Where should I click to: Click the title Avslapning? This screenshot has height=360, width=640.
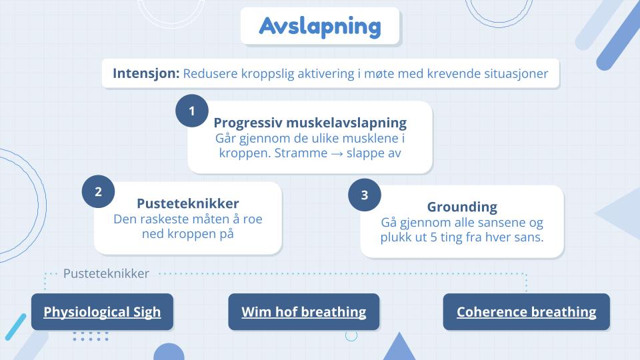click(320, 27)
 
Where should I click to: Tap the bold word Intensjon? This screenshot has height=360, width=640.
click(146, 73)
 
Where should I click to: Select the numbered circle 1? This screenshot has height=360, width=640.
click(192, 111)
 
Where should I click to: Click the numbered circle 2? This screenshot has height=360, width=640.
click(98, 191)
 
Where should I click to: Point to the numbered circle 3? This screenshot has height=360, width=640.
click(365, 195)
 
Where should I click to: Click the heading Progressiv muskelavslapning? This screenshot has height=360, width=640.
click(310, 123)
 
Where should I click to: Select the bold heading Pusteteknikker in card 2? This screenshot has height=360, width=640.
click(188, 203)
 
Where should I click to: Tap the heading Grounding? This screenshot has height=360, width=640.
click(462, 207)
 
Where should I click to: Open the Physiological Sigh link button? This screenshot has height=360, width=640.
click(102, 312)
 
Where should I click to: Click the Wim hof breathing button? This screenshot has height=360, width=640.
click(304, 312)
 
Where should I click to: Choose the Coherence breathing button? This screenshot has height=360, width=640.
click(527, 312)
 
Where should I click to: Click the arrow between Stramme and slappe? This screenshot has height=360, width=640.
click(337, 154)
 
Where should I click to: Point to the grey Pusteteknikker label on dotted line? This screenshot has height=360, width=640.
click(106, 273)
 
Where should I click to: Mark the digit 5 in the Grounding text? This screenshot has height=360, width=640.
click(433, 237)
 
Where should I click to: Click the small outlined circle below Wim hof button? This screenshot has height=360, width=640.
click(351, 335)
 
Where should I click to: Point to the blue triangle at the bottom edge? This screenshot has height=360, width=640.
click(399, 346)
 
